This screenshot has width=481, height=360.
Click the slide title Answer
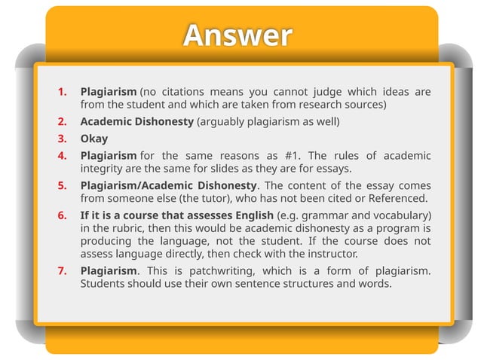(237, 35)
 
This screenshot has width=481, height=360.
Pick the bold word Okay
(94, 139)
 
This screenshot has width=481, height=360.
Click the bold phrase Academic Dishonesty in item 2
(136, 122)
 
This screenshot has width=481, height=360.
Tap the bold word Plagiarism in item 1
(109, 92)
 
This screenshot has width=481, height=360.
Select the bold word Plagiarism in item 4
(109, 156)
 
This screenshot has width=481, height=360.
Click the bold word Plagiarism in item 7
(109, 270)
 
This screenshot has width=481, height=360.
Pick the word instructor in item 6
(330, 254)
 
